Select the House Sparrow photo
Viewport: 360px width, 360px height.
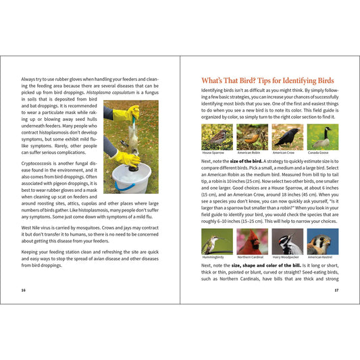(x=217, y=136)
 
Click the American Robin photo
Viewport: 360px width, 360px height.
(x=252, y=136)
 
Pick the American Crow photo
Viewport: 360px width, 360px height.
(x=287, y=136)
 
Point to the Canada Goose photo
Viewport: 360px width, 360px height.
(x=322, y=136)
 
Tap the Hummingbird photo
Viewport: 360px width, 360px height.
(x=217, y=241)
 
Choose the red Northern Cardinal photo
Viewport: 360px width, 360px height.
(x=252, y=241)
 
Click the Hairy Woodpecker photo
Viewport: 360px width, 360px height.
(x=287, y=241)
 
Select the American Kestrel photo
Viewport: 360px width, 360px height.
(x=322, y=241)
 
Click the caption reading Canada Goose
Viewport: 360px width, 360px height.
(x=318, y=153)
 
